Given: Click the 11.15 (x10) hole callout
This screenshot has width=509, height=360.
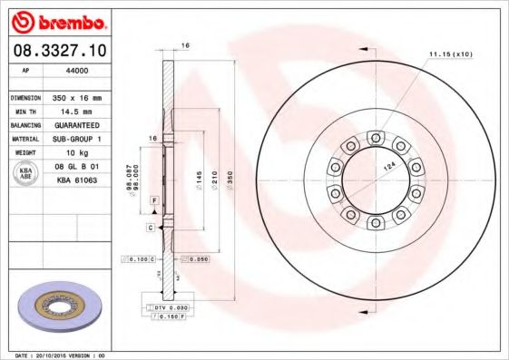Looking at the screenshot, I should tap(451, 55).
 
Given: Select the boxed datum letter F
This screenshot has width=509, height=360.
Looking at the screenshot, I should tap(155, 199).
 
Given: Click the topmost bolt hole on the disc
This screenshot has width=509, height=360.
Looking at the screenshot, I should tap(374, 138).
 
